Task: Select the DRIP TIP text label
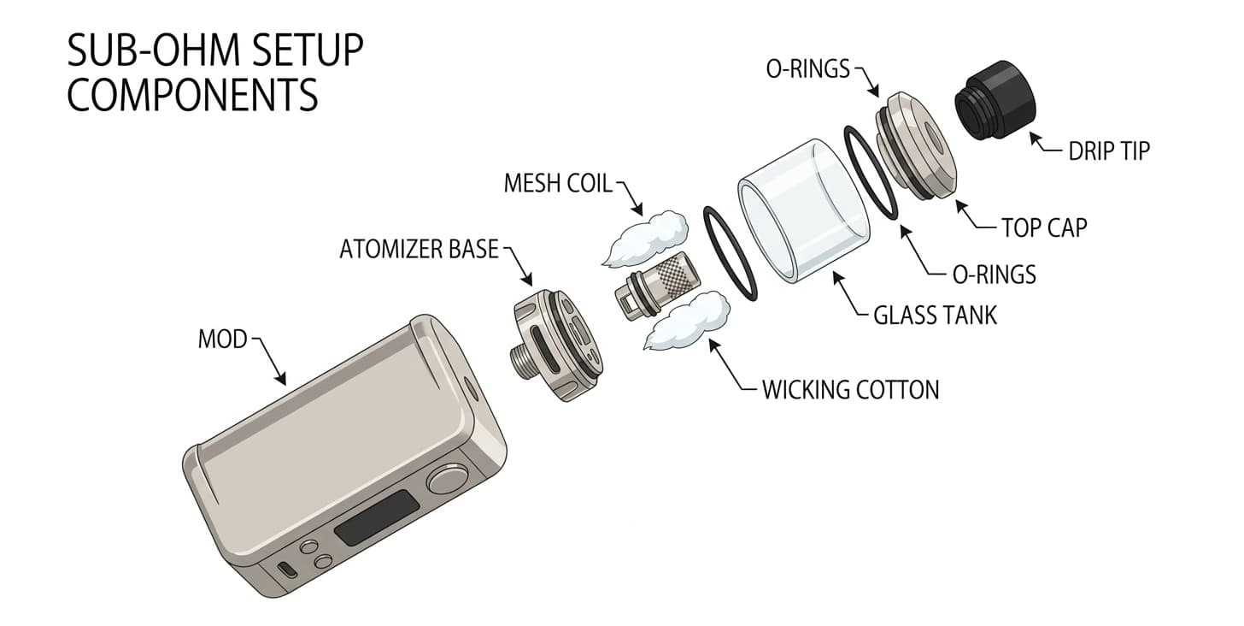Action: tap(1109, 151)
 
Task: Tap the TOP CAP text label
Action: tap(1043, 227)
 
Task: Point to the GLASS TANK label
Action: tap(935, 315)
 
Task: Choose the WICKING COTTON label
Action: tap(850, 390)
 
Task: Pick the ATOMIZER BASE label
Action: tap(419, 249)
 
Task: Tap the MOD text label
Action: tap(222, 340)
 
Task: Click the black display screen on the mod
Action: tap(376, 520)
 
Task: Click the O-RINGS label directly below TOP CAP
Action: tap(994, 275)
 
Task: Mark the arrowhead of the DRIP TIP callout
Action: tap(1035, 137)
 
